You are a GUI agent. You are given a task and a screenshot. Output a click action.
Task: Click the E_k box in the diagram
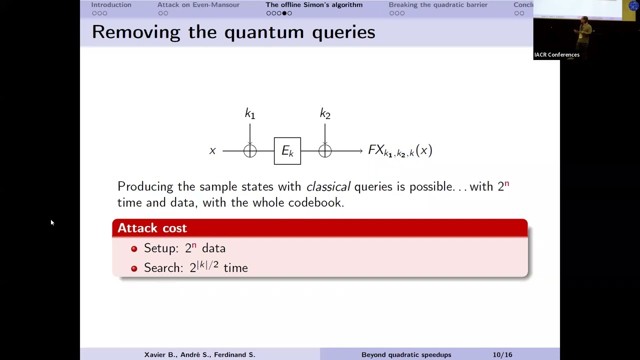[x=287, y=150]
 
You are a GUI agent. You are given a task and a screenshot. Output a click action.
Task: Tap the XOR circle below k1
[x=250, y=150]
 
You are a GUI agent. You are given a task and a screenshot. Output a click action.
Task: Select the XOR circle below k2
[x=325, y=150]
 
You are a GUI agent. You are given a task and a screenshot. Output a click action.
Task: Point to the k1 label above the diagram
[x=250, y=114]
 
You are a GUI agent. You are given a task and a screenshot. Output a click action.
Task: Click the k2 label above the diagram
[x=325, y=114]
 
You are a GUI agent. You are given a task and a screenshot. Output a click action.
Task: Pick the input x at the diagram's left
[x=212, y=151]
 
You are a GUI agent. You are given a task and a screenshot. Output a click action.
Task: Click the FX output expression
[x=400, y=150]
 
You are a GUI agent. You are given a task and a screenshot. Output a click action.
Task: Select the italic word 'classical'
[x=328, y=186]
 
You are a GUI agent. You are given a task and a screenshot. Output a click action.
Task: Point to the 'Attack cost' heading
[x=152, y=228]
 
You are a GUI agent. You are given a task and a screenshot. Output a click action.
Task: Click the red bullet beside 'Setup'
[x=134, y=248]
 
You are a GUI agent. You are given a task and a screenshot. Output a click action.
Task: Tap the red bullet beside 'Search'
[x=134, y=268]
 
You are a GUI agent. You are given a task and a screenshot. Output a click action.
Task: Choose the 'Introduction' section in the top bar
[x=111, y=5]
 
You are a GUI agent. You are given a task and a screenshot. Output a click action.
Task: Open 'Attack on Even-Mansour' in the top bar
[x=198, y=5]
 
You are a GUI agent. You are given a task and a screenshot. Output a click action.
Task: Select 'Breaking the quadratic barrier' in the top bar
[x=438, y=5]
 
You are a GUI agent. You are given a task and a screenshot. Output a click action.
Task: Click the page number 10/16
[x=502, y=354]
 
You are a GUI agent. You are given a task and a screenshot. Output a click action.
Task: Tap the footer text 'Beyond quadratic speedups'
[x=406, y=354]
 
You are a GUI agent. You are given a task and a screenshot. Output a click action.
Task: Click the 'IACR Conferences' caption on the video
[x=557, y=55]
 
